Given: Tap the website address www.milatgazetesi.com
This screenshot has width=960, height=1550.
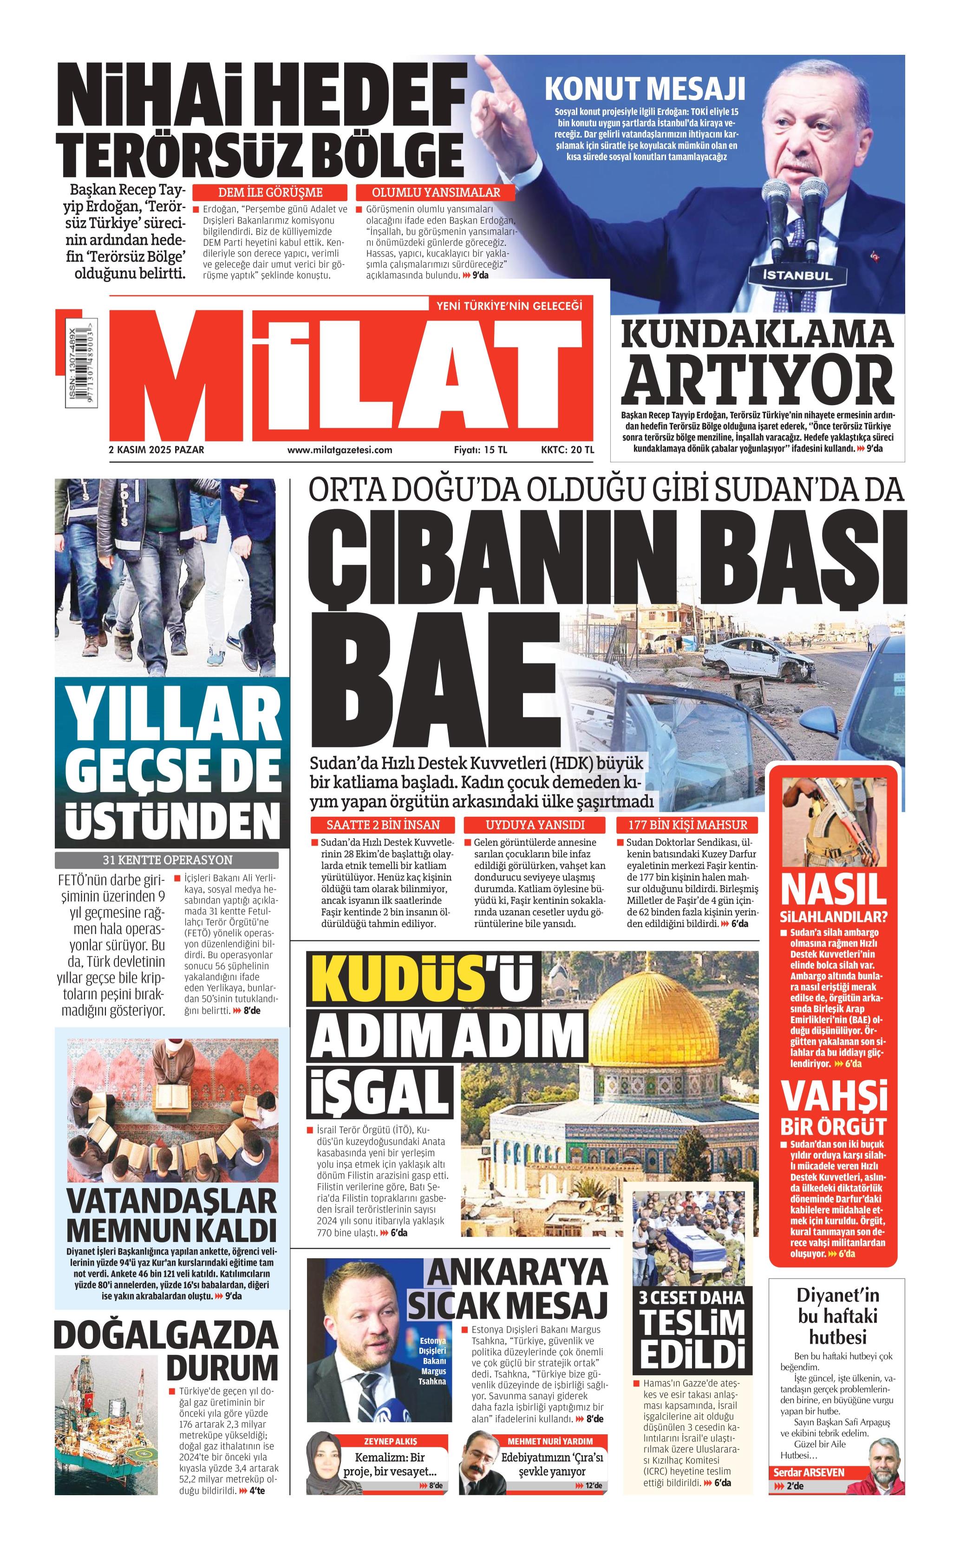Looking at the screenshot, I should click(x=339, y=450).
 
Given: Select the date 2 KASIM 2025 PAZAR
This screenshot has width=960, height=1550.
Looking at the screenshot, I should click(x=156, y=450).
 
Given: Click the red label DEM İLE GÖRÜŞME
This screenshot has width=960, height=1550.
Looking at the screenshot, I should click(x=270, y=192).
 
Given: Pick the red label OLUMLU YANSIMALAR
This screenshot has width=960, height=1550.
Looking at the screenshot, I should click(x=436, y=192).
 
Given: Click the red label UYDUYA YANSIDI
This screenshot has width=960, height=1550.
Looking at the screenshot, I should click(x=535, y=825).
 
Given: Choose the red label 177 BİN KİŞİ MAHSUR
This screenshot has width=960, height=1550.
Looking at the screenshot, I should click(x=688, y=825).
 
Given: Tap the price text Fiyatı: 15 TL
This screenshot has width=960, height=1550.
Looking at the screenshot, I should click(x=480, y=450).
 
